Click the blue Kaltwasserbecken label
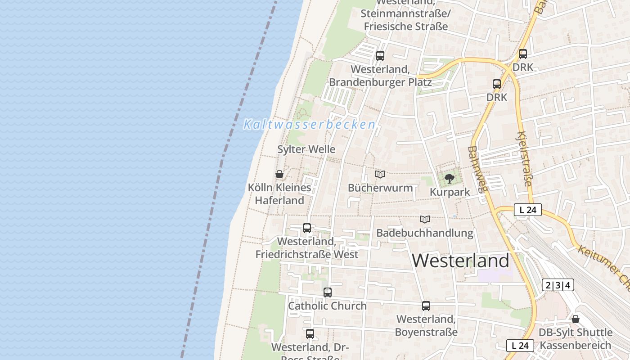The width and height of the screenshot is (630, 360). (x=310, y=125)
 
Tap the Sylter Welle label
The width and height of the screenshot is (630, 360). (x=306, y=149)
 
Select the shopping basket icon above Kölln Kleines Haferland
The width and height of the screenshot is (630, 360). (x=279, y=174)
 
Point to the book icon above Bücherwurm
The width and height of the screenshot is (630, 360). (x=380, y=174)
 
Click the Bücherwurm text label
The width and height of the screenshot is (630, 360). (x=380, y=188)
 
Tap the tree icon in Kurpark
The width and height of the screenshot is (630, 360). (x=449, y=179)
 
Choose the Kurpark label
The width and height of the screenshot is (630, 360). (x=450, y=192)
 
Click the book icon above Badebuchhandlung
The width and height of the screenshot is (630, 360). (x=425, y=220)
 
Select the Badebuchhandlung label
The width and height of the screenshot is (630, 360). (x=425, y=233)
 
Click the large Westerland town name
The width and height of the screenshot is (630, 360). (x=460, y=261)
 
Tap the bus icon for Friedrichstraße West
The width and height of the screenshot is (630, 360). (x=307, y=228)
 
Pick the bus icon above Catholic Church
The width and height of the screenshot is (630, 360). (x=328, y=292)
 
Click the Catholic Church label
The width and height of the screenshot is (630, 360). (x=327, y=306)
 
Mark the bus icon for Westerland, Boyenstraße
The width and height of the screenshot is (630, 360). (x=426, y=306)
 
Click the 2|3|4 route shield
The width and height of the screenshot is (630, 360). (x=558, y=285)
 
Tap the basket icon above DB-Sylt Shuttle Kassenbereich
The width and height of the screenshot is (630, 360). (x=576, y=319)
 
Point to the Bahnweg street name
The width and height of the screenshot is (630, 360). (x=477, y=169)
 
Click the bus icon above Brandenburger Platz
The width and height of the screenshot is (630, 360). (x=380, y=56)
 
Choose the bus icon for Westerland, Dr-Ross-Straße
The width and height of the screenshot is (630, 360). (x=310, y=334)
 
